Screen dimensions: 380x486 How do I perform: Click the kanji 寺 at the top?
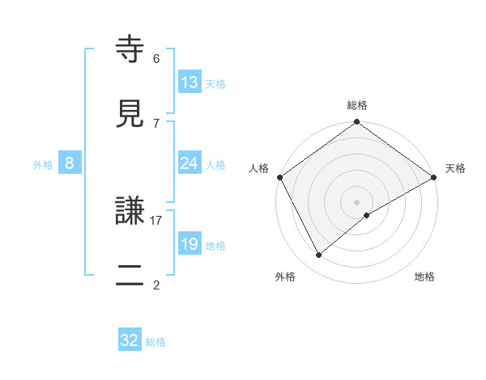(132, 50)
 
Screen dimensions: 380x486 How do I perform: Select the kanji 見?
(132, 114)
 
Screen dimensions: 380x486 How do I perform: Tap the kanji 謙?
(132, 212)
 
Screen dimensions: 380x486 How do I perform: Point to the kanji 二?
(132, 276)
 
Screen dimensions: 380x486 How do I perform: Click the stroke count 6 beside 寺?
(156, 58)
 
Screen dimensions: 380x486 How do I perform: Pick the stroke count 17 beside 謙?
(156, 220)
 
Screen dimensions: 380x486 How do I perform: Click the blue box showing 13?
(190, 82)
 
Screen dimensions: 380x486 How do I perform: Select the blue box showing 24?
(190, 163)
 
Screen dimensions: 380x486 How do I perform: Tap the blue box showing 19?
(190, 244)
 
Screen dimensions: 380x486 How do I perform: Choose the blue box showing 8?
(70, 163)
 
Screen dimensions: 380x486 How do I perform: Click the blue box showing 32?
(130, 340)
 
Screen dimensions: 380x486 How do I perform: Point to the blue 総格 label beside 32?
(156, 342)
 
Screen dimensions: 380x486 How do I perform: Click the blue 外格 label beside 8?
(43, 164)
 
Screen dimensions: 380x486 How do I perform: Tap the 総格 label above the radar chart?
(357, 105)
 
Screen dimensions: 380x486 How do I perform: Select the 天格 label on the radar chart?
(456, 168)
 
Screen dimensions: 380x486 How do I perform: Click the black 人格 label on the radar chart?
(259, 168)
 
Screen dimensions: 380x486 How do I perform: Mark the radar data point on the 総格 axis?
(357, 123)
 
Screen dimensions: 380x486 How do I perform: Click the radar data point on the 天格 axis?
(434, 177)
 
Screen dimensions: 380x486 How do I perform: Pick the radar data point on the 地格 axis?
(367, 215)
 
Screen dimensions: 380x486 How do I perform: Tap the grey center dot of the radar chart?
(357, 201)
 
